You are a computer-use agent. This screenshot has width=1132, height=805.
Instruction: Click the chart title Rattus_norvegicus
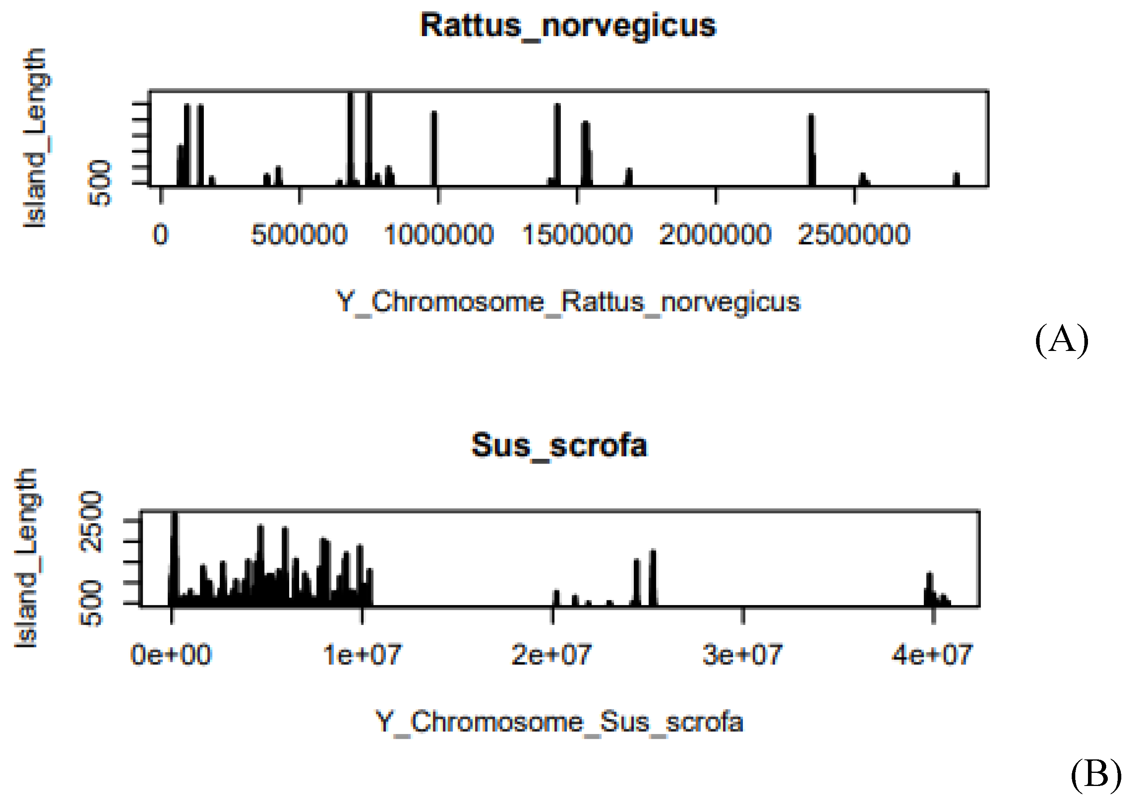568,26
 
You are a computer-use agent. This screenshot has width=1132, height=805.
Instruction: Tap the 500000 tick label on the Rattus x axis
299,234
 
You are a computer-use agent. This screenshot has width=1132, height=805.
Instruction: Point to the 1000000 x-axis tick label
438,234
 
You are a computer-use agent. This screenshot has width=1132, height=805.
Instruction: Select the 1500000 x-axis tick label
577,234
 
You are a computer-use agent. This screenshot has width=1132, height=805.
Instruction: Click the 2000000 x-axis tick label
715,234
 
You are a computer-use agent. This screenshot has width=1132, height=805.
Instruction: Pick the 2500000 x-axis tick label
854,234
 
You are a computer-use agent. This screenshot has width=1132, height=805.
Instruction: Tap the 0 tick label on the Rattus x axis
161,234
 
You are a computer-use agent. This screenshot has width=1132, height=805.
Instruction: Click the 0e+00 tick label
171,655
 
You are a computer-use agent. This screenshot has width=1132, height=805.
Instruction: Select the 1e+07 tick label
362,655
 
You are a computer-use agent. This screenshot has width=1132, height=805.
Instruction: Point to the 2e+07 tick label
552,655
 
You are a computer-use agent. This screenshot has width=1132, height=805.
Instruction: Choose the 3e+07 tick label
742,655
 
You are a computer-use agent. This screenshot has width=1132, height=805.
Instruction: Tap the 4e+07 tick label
932,655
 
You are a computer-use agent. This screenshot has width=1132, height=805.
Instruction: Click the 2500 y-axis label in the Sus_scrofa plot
91,521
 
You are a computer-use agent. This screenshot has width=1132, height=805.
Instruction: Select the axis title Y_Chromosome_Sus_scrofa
559,722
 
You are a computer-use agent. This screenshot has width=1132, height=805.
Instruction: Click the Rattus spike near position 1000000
434,149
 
